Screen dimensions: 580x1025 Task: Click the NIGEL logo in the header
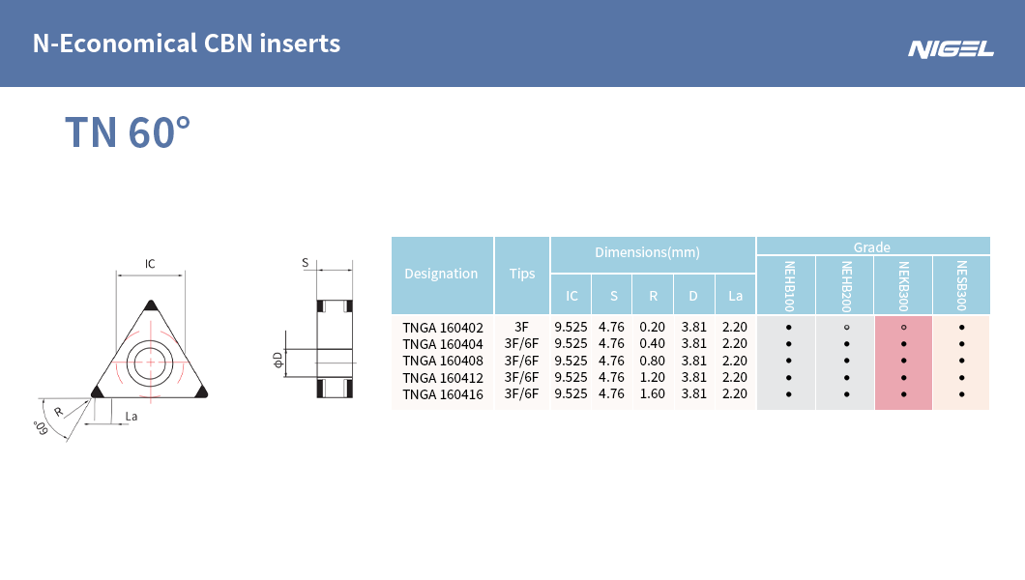point(951,48)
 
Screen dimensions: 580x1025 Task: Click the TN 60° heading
point(127,132)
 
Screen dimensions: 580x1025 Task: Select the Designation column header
point(441,274)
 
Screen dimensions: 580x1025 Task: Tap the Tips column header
point(522,274)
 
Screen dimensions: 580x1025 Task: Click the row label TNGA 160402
point(442,328)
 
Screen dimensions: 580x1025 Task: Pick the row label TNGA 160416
point(442,394)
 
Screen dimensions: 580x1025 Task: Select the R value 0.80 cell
point(653,361)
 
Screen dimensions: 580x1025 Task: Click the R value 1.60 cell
point(653,394)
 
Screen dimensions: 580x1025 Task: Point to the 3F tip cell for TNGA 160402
point(522,328)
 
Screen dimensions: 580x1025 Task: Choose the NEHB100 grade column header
point(787,285)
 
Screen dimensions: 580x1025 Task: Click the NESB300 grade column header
point(961,285)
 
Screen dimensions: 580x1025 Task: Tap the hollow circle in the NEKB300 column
point(903,328)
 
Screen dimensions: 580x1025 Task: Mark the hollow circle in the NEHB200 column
point(846,328)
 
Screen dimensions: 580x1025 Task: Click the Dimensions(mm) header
point(647,252)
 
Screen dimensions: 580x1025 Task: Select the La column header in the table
point(735,296)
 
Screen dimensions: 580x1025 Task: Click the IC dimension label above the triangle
point(150,264)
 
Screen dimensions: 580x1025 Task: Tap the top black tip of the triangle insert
point(150,305)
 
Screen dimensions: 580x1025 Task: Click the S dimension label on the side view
point(305,263)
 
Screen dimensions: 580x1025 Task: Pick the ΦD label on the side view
point(278,361)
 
